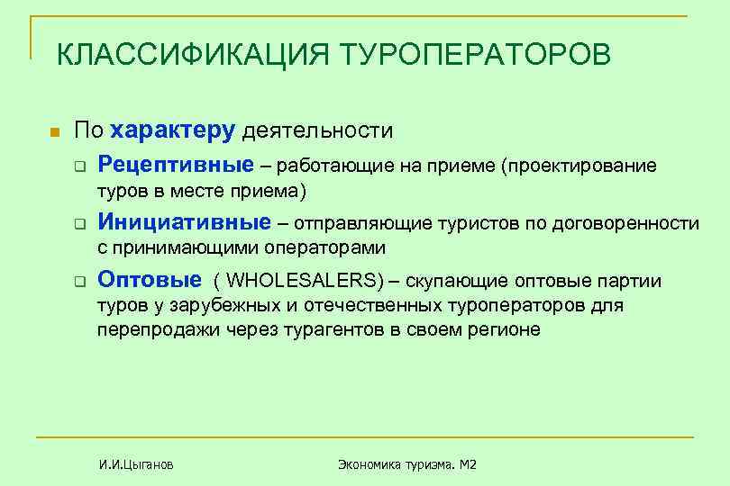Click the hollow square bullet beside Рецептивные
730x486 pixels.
[x=79, y=167]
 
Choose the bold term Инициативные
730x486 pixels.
[x=184, y=222]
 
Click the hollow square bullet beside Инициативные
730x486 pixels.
[x=79, y=224]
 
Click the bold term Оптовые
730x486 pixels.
[x=150, y=280]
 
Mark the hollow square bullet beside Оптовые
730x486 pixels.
[x=79, y=281]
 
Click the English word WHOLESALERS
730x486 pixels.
[x=304, y=281]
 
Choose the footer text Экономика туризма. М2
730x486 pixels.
[x=406, y=465]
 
